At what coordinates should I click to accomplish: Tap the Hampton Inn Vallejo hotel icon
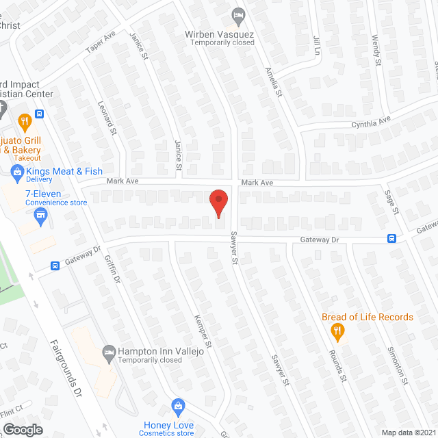pyautogui.click(x=109, y=351)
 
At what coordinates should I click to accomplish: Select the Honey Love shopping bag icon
pyautogui.click(x=178, y=406)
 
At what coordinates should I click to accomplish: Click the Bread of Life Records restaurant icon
pyautogui.click(x=337, y=331)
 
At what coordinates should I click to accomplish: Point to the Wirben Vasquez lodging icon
pyautogui.click(x=238, y=14)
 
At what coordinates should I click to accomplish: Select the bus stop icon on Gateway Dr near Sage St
pyautogui.click(x=392, y=238)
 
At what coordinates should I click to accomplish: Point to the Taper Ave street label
pyautogui.click(x=101, y=43)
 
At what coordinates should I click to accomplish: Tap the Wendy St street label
pyautogui.click(x=376, y=51)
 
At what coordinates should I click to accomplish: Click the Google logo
pyautogui.click(x=22, y=429)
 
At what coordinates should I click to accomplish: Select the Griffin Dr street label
pyautogui.click(x=111, y=270)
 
